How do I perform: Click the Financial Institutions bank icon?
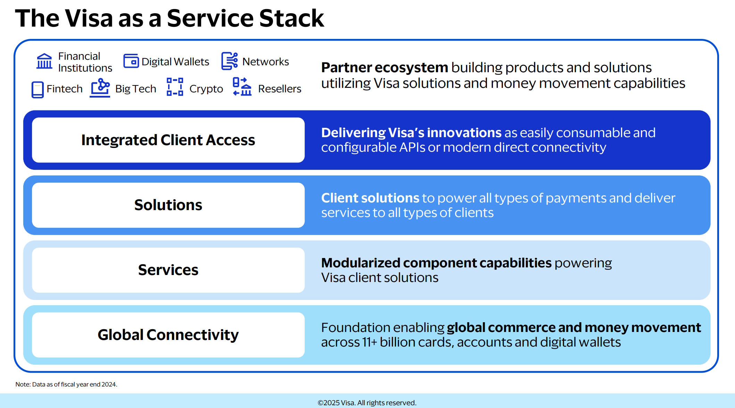44,61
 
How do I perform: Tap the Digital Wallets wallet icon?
131,61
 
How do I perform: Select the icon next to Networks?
230,61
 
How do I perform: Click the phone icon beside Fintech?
38,90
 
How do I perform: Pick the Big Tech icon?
100,88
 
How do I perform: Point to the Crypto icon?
175,87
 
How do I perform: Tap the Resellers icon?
242,87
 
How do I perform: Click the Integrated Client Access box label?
168,140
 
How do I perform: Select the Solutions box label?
168,205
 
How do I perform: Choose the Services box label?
168,270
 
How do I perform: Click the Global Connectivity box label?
168,335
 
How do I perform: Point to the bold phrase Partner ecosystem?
384,67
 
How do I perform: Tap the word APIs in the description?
412,148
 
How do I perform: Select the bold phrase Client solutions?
370,198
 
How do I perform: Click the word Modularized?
361,263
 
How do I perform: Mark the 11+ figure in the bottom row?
369,342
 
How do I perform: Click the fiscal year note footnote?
66,384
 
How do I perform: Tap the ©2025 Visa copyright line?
367,403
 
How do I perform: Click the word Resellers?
280,89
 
